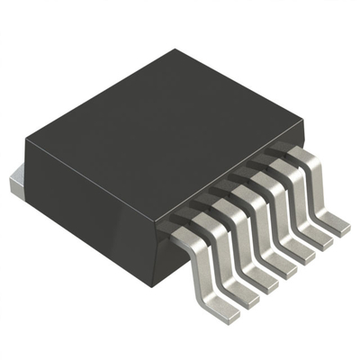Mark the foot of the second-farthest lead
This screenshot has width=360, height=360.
(x=319, y=241)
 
